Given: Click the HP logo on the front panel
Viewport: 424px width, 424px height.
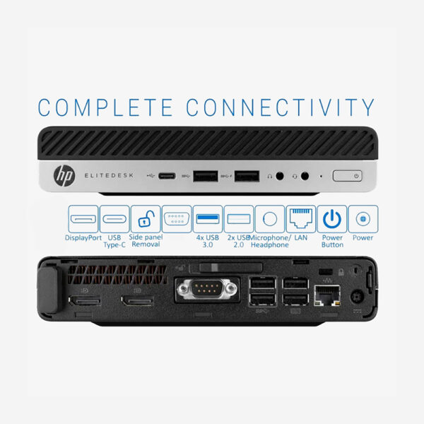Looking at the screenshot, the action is tap(64, 176).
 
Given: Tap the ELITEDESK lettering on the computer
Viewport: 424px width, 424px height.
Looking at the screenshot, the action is tap(109, 175).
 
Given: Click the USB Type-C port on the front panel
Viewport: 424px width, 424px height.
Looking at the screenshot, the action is tap(167, 176).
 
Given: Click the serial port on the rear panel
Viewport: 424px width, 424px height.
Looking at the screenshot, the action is tap(207, 289).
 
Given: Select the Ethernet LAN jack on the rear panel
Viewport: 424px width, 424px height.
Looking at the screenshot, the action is tap(327, 295).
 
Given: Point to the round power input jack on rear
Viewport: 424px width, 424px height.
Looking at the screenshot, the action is tap(357, 298).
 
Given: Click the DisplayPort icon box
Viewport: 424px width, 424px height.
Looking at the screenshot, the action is tap(83, 219).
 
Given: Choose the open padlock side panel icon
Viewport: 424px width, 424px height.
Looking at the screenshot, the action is tap(146, 219).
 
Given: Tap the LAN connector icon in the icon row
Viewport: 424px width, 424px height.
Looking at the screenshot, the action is tap(301, 219).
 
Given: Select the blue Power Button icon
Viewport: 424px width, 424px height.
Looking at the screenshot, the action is tap(332, 219).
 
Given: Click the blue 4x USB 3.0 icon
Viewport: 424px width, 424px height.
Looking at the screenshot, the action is tap(208, 219).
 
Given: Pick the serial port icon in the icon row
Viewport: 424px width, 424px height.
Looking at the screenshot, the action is tap(177, 219).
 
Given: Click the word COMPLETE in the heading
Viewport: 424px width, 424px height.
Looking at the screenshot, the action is tap(105, 107).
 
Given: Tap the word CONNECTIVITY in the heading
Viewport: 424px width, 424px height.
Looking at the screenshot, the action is tap(280, 107).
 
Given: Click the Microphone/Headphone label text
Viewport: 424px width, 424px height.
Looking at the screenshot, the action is tap(270, 241).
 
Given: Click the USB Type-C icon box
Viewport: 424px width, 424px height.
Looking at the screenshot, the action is tap(114, 219).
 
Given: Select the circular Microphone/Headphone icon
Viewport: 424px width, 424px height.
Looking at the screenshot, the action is tap(270, 219).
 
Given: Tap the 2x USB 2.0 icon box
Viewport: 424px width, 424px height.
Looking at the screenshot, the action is tap(239, 219).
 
